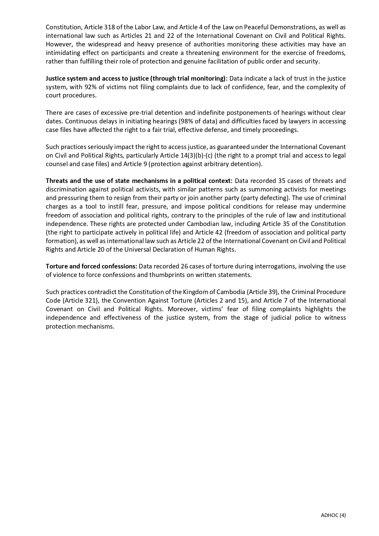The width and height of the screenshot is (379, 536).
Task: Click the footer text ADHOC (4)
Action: (333, 515)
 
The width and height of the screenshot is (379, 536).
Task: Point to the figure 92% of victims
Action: (89, 87)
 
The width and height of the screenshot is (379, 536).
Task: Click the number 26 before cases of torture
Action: (184, 266)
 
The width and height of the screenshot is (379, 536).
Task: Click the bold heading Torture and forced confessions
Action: (91, 266)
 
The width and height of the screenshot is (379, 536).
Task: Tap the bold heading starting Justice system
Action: (137, 78)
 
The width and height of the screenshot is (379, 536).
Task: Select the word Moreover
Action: (181, 309)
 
